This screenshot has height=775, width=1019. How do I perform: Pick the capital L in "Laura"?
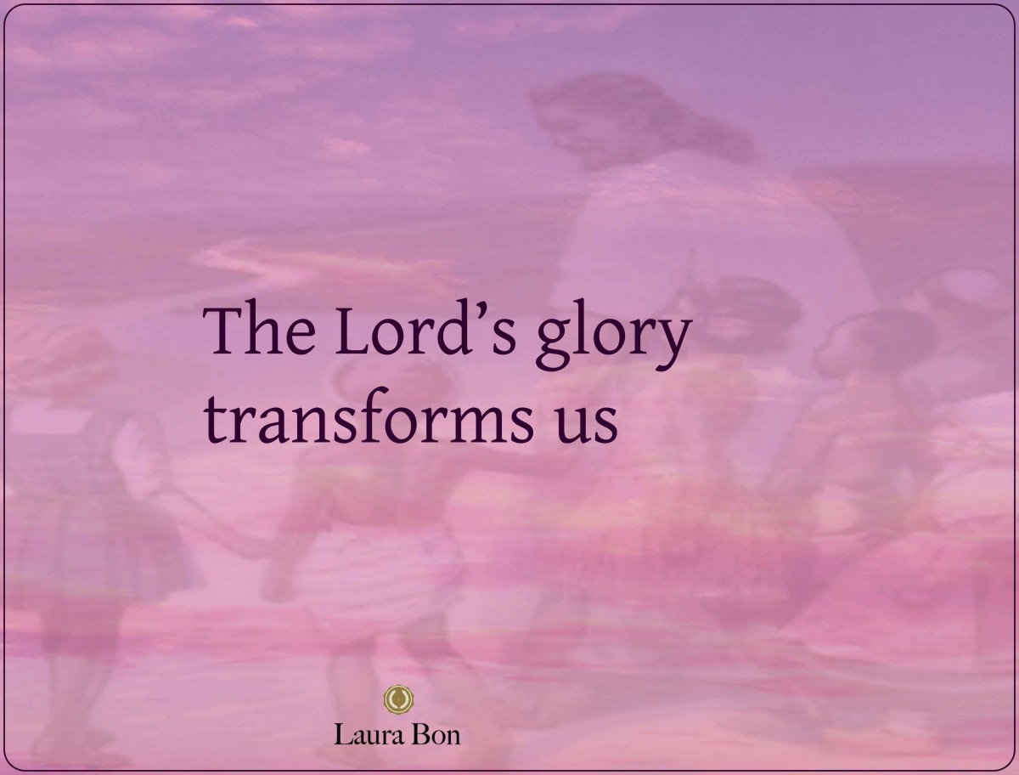(342, 733)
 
